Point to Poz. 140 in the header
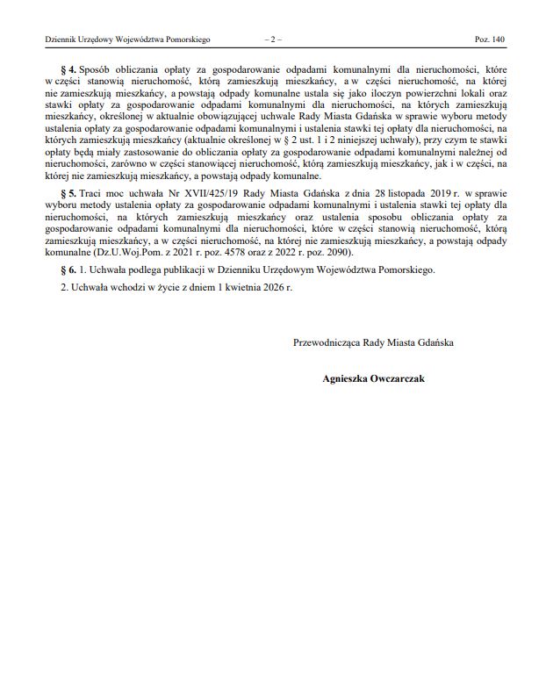[x=490, y=40]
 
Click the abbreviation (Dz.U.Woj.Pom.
[x=123, y=253]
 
